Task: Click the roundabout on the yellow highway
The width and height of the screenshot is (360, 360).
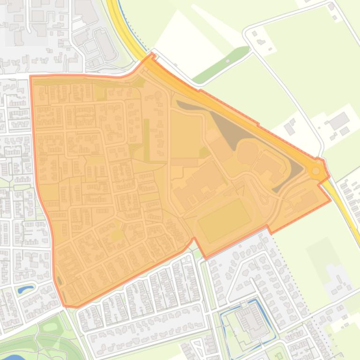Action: click(316, 171)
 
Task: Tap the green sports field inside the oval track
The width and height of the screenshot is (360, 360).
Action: click(224, 220)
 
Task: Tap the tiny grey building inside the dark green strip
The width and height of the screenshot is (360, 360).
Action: click(228, 61)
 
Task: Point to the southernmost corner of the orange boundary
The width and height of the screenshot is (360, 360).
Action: click(66, 306)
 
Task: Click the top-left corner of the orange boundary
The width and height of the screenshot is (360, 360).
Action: click(30, 76)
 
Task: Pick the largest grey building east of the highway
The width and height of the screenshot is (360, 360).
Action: click(339, 121)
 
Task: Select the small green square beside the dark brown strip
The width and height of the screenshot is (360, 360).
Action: click(204, 152)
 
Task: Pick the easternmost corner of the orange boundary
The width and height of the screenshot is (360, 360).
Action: click(331, 200)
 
